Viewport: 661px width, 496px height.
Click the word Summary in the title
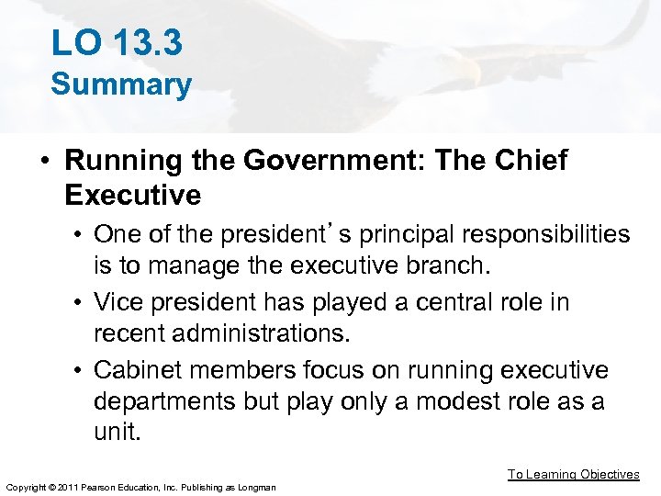(121, 85)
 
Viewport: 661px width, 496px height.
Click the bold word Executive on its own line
(133, 195)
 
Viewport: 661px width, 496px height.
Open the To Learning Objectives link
(574, 475)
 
